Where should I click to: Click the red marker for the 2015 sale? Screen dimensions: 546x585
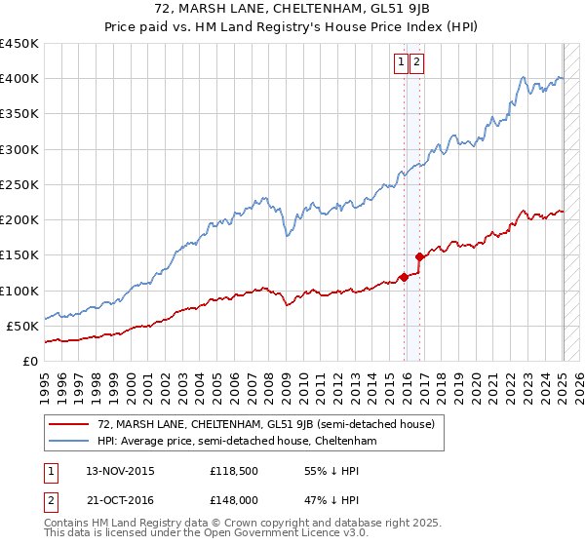(404, 278)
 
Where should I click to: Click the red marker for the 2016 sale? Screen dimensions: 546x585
(420, 257)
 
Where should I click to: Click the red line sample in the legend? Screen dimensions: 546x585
(69, 424)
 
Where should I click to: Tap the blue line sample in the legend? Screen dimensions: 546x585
(69, 442)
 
